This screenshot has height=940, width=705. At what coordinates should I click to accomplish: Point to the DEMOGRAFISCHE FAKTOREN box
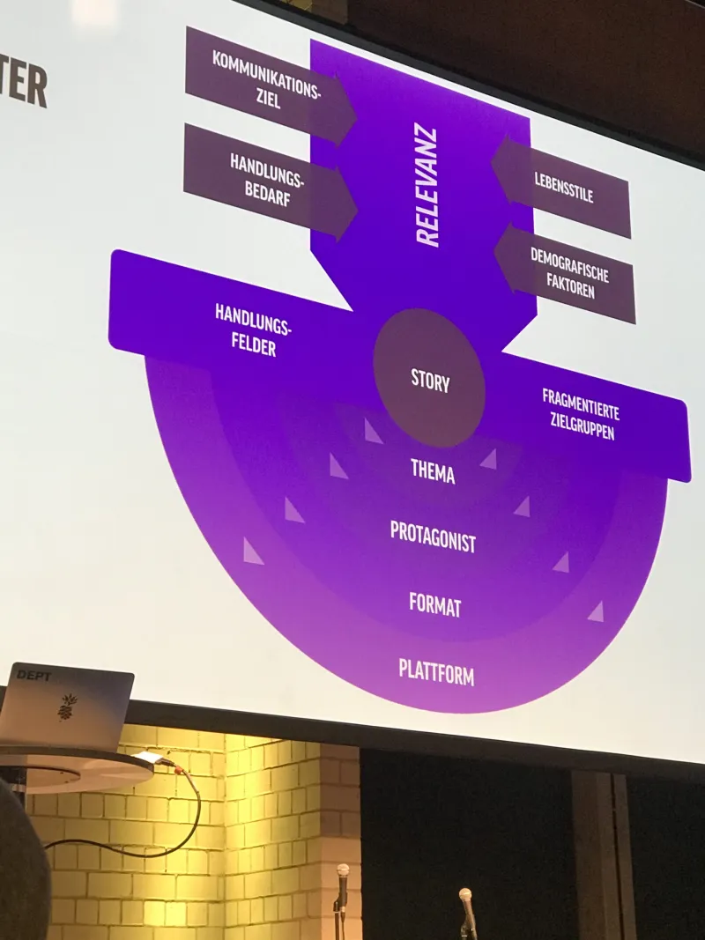tap(568, 273)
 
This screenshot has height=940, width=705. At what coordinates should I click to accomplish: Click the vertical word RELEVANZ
tap(427, 187)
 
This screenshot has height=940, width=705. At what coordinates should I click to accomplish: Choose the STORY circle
tap(429, 379)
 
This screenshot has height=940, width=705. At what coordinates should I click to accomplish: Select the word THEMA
tap(433, 470)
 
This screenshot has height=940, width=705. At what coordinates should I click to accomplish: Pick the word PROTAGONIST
tap(433, 536)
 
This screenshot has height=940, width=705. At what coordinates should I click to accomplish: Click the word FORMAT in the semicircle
tap(434, 604)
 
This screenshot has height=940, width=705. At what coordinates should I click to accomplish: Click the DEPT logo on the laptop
tap(33, 676)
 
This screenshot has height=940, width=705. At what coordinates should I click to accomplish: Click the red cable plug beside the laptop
tap(179, 769)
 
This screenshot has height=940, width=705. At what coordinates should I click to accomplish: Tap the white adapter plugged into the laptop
tap(148, 757)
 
